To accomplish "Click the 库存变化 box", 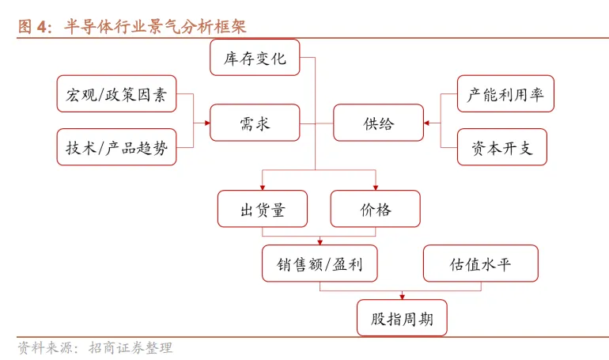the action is coord(255,58).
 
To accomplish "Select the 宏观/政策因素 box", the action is coord(116,94).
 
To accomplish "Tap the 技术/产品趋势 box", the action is coord(116,147).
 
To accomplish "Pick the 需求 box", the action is coord(255,123).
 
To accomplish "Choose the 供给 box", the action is coord(378,123).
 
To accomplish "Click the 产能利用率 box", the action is coord(505,94).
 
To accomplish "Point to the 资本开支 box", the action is coord(502,147).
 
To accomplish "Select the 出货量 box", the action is coord(263,209).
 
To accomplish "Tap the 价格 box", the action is coord(375,209).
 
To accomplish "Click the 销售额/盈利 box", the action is coord(320,263).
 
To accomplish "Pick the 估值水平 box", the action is coord(481,263).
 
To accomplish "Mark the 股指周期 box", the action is coord(402,317).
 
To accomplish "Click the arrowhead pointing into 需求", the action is coord(207,123).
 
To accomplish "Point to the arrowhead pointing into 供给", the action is coord(426,123).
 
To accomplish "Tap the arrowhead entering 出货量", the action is coord(263,188).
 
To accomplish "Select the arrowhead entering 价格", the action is coord(376,188).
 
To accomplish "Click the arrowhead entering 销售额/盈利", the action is coord(320,242).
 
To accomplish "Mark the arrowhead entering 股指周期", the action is coord(403,297).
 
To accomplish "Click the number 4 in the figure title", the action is coord(42,27).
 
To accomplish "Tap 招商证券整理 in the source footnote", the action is coord(130,348).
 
